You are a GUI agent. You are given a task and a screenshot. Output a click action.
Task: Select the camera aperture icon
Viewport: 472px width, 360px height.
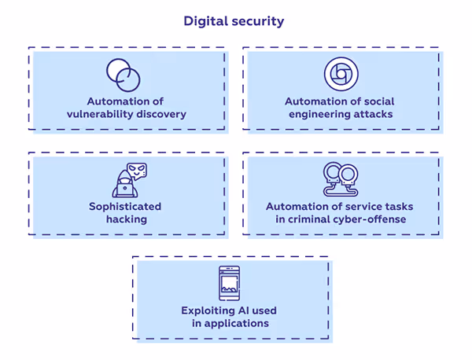340,75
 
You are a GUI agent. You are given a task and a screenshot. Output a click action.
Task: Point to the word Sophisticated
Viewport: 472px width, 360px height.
125,206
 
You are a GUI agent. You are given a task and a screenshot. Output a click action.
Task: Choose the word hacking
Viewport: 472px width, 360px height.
126,219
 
